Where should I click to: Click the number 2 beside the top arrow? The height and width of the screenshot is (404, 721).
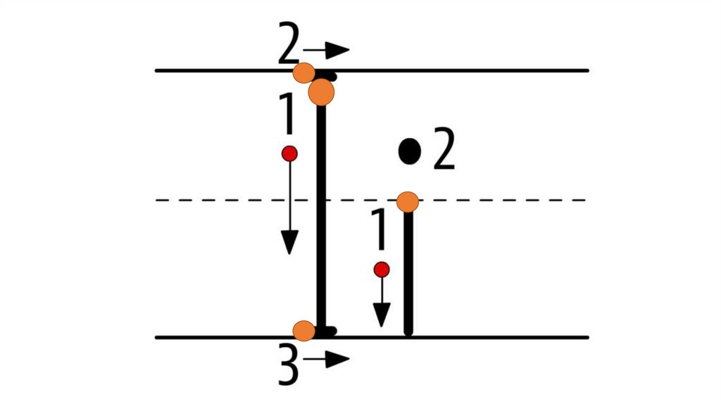point(289,48)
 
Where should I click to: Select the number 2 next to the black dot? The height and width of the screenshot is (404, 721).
point(444,149)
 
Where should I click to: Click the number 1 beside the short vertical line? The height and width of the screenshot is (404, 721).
point(379,231)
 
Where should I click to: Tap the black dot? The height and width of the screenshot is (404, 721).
point(410,150)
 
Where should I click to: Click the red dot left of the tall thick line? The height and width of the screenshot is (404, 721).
point(289,153)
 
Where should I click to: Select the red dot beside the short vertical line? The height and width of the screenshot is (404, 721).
point(382,269)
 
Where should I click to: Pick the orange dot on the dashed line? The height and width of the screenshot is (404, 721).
point(408,202)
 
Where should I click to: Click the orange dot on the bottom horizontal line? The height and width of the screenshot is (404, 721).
point(303,330)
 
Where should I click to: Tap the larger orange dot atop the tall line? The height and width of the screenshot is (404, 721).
point(321,91)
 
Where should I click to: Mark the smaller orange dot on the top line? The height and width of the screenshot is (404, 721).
point(304,72)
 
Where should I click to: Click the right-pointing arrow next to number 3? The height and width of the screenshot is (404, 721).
point(327,360)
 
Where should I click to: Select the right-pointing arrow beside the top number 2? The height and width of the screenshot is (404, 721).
point(327,50)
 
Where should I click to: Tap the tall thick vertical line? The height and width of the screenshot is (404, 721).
point(322,211)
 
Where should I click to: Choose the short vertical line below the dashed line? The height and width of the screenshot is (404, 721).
point(408,274)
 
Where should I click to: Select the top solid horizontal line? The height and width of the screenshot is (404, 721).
point(458,70)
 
